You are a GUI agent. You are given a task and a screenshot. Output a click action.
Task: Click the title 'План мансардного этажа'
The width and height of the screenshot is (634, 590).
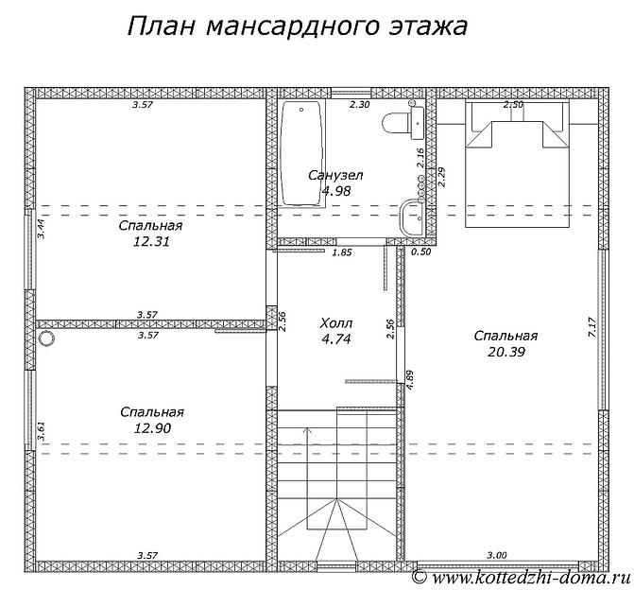(297, 26)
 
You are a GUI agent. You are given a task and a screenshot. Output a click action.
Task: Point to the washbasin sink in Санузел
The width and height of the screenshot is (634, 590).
(414, 217)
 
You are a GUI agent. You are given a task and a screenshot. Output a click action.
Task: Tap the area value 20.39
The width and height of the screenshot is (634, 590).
(505, 352)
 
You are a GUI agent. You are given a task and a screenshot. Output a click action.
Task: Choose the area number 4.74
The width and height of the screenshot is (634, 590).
(335, 338)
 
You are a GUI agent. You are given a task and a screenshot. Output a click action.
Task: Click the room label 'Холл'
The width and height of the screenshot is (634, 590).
(336, 322)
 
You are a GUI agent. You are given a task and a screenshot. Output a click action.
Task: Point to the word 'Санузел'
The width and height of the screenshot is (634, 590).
(335, 175)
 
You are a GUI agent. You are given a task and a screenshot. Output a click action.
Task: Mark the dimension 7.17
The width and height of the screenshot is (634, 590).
(592, 328)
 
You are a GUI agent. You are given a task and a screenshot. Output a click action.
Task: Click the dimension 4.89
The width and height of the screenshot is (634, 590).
(409, 378)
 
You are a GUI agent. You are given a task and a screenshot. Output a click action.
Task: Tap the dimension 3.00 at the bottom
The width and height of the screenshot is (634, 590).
(496, 555)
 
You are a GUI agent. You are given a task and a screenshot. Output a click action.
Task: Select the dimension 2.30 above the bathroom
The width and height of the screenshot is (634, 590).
(359, 105)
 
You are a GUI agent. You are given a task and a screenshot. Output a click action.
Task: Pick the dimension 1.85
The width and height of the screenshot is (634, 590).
(342, 252)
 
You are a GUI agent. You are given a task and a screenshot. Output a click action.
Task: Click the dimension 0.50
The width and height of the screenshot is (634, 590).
(421, 252)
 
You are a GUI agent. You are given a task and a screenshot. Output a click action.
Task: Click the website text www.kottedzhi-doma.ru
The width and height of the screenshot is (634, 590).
(529, 576)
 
